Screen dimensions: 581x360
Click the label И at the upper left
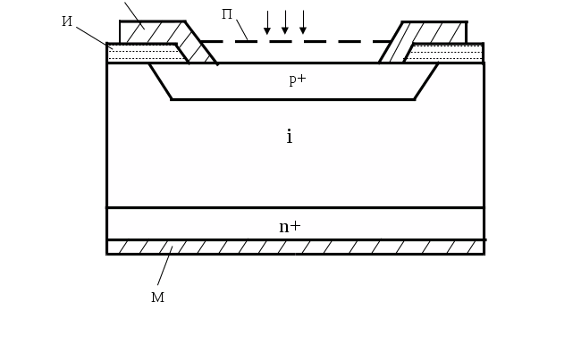tap(68, 21)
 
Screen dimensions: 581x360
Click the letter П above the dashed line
tap(228, 15)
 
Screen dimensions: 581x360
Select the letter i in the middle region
tap(289, 137)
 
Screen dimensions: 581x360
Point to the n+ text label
tap(290, 226)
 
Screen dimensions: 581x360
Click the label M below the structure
tap(157, 297)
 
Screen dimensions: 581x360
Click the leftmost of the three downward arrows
tap(266, 22)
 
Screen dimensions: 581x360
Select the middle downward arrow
tap(285, 22)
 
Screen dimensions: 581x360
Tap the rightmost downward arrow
tap(304, 22)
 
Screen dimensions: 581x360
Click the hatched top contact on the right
tap(435, 33)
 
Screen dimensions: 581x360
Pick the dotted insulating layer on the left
tap(141, 53)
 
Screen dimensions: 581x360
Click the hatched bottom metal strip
tap(295, 247)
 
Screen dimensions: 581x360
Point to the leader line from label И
tap(91, 34)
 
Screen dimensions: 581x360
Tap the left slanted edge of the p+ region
tap(160, 81)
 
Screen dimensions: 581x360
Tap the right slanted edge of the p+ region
tap(426, 81)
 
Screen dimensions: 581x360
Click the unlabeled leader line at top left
tap(131, 11)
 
